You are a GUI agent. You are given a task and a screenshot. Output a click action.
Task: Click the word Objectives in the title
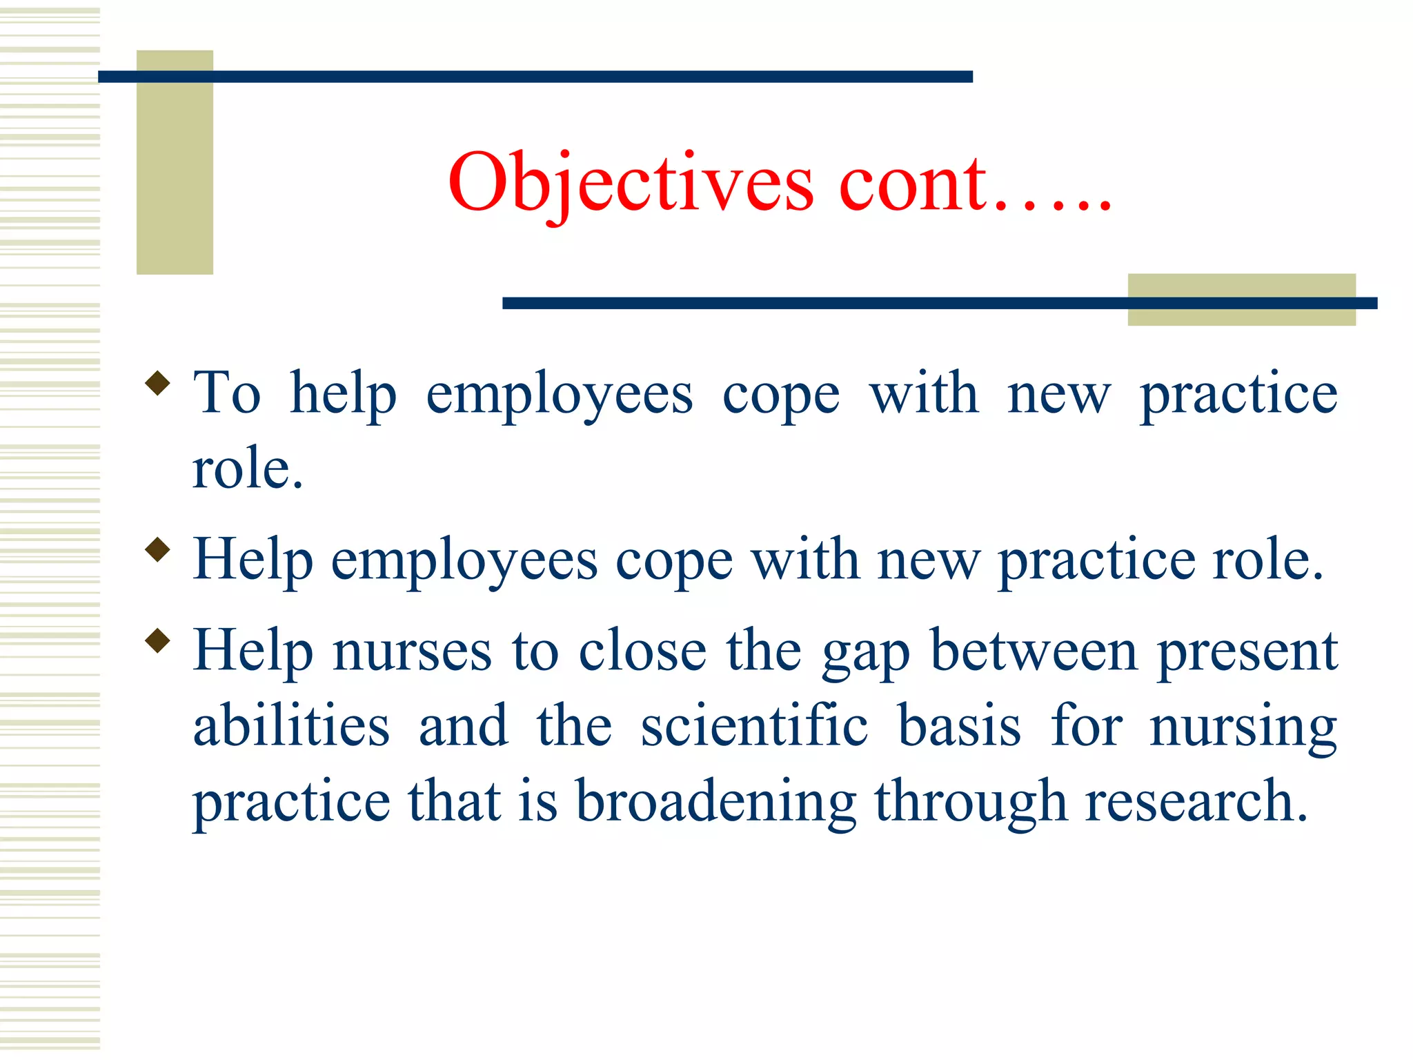click(x=631, y=183)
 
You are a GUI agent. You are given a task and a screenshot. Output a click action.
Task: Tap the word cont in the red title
click(x=914, y=183)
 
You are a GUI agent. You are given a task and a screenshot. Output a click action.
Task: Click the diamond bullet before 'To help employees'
click(x=158, y=383)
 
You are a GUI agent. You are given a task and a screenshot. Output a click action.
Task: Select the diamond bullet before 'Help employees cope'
click(x=158, y=549)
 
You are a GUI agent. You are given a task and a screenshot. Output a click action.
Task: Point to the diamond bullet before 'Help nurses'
click(x=158, y=640)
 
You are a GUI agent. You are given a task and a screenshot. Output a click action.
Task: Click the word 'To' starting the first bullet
click(x=227, y=393)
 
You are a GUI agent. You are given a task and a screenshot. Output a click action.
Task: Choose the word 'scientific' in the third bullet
click(x=754, y=726)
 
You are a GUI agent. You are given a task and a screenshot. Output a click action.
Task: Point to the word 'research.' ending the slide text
click(x=1196, y=802)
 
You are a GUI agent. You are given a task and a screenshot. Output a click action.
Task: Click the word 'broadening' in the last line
click(x=716, y=802)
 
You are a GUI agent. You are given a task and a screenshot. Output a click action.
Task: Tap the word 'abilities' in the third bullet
click(x=291, y=726)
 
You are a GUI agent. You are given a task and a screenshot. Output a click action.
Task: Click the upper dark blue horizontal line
click(x=535, y=77)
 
